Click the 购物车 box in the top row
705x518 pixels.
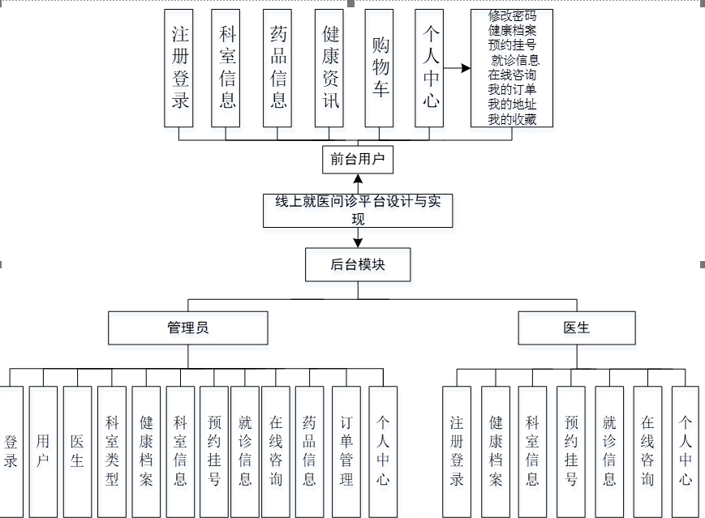380,68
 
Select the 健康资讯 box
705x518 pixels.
329,68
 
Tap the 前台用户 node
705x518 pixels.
357,159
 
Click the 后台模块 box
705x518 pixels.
358,264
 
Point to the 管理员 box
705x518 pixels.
188,328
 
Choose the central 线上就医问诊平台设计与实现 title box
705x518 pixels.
358,210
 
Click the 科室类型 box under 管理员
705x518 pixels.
112,452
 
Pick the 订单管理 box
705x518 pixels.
346,452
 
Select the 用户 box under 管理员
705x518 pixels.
43,452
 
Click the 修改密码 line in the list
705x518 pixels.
512,17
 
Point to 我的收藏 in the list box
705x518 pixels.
512,119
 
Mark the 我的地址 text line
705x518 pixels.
512,105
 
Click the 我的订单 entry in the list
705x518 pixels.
512,90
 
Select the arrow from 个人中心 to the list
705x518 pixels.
457,68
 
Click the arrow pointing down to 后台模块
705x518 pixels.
358,238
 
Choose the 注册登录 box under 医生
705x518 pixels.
457,452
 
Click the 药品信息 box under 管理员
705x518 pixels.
309,452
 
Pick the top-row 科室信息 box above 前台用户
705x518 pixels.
228,68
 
